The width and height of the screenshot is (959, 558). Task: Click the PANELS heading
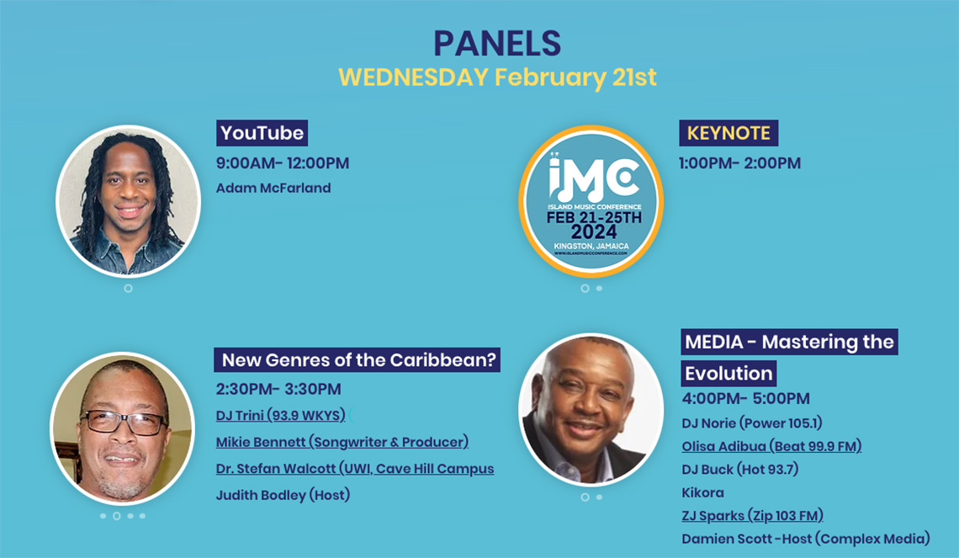pyautogui.click(x=497, y=44)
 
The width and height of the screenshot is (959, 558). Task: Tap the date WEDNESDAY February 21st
pyautogui.click(x=497, y=77)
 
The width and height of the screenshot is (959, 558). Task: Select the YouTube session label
pyautogui.click(x=262, y=133)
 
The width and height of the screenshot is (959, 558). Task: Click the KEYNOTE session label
pyautogui.click(x=729, y=133)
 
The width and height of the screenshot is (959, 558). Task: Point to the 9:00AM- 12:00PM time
pyautogui.click(x=283, y=163)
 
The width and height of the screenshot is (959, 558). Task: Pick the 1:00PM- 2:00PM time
pyautogui.click(x=739, y=163)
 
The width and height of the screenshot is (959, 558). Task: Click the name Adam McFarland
pyautogui.click(x=273, y=188)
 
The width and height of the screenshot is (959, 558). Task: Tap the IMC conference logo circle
pyautogui.click(x=591, y=201)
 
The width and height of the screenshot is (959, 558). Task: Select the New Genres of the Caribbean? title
pyautogui.click(x=358, y=359)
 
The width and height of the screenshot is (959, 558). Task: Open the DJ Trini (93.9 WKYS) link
pyautogui.click(x=281, y=416)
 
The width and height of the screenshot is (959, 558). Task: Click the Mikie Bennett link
pyautogui.click(x=342, y=442)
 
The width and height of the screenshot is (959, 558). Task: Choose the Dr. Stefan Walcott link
pyautogui.click(x=355, y=469)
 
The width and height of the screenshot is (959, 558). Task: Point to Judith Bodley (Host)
pyautogui.click(x=283, y=495)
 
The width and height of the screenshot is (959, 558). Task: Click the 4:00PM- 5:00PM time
pyautogui.click(x=745, y=398)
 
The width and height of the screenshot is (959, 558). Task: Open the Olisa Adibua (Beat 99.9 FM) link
pyautogui.click(x=772, y=447)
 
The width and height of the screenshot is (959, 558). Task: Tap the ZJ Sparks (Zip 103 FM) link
pyautogui.click(x=752, y=516)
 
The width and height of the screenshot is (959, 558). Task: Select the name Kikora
pyautogui.click(x=702, y=492)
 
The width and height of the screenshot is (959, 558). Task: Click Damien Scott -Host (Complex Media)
pyautogui.click(x=806, y=539)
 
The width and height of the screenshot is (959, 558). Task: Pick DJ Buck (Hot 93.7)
pyautogui.click(x=740, y=470)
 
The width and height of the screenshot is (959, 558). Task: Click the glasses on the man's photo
pyautogui.click(x=123, y=422)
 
